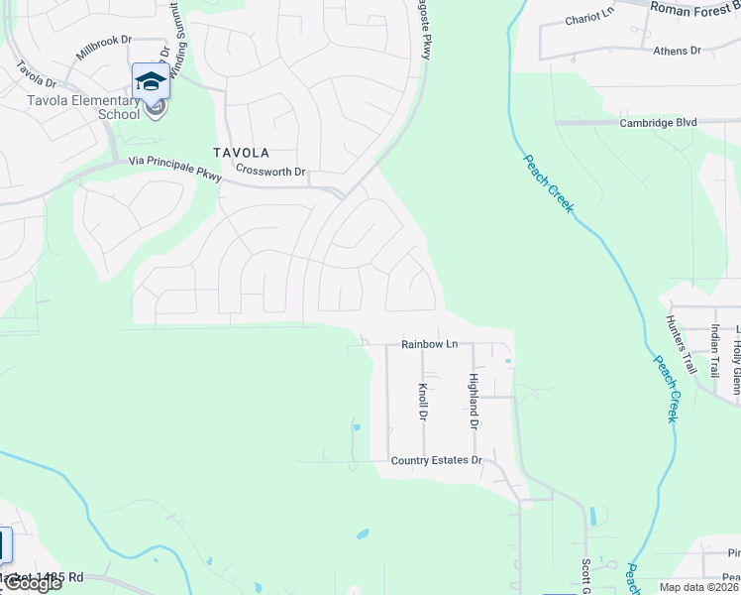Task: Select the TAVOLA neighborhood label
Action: coord(241,153)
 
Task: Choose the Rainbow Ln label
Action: coord(429,344)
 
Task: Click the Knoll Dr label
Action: coord(423,402)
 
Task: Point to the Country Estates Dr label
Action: coord(436,460)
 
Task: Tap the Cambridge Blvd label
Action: coord(658,123)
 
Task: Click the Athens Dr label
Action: coord(677,51)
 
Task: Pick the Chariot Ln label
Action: coord(589,20)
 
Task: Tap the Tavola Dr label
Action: coord(37,75)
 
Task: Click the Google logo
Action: coord(32,583)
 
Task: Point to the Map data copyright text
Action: coord(699,587)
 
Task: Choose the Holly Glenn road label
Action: coord(737,362)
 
